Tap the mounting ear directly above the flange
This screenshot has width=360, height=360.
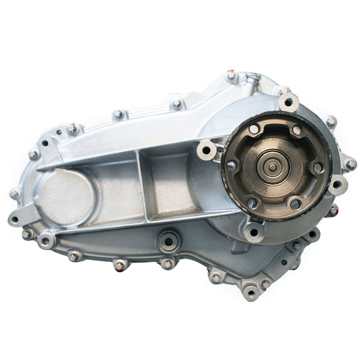tap(289, 102)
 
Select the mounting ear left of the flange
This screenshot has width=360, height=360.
tap(207, 150)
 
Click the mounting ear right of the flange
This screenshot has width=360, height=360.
tap(338, 184)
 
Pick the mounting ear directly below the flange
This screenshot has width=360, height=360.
tap(254, 232)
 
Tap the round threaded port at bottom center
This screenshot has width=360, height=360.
tap(168, 240)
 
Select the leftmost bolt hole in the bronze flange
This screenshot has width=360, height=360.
tap(232, 165)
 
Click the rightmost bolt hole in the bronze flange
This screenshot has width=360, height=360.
tap(317, 167)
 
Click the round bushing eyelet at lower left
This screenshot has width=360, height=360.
tap(46, 240)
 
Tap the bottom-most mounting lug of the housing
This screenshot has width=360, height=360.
tap(251, 292)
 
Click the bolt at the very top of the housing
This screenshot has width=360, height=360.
tap(230, 76)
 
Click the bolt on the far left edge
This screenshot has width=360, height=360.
tap(15, 194)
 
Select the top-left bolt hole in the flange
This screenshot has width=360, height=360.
tap(253, 129)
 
